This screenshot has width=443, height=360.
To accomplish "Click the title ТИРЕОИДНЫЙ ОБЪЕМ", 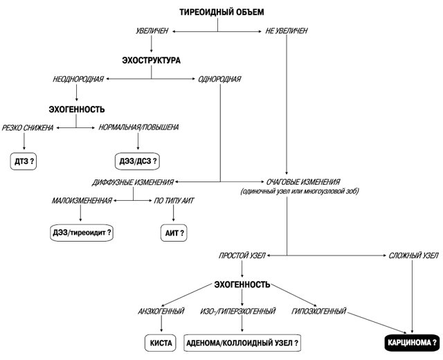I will tap(221, 12).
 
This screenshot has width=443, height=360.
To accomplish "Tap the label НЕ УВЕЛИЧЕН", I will tap(286, 31).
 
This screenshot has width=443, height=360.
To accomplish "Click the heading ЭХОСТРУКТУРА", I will tap(151, 60).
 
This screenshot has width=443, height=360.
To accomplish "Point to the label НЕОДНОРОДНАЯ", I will tap(78, 79).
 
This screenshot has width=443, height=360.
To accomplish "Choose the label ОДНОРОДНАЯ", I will tap(219, 79).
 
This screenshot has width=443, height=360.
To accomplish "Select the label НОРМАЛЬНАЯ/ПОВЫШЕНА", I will tap(139, 127).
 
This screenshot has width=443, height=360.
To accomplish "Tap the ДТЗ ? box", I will tap(26, 161).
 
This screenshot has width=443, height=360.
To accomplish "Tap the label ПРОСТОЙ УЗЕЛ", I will tap(241, 256).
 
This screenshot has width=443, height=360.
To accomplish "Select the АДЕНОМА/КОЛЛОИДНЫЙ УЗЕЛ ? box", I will tap(243, 342).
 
